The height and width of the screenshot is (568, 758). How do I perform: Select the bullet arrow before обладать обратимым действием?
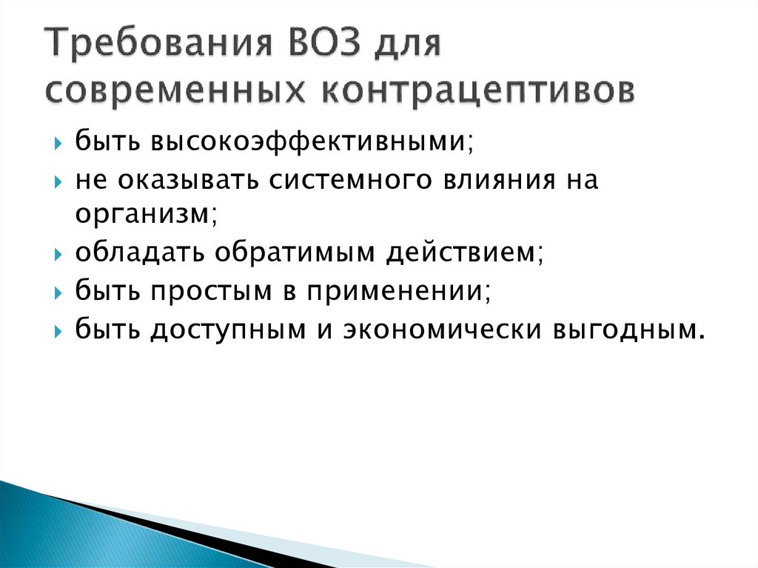[59, 255]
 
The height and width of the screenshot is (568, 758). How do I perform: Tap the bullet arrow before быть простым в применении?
[59, 291]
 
